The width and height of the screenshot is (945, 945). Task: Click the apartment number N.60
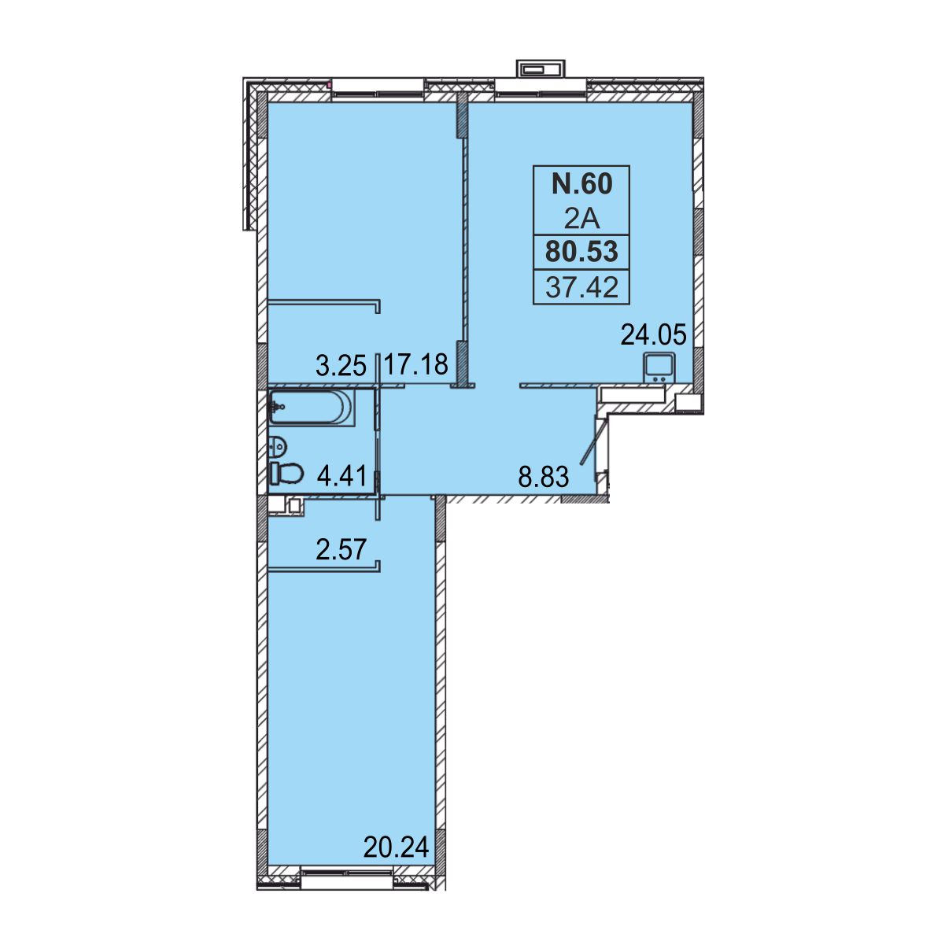[582, 184]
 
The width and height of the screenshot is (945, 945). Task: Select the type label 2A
[582, 220]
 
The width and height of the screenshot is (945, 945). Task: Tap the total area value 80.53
[581, 252]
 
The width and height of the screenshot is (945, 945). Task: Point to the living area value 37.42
[581, 287]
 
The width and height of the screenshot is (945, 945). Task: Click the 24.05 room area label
[653, 335]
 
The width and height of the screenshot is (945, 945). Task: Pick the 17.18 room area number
[416, 365]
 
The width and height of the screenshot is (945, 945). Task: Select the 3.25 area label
[341, 366]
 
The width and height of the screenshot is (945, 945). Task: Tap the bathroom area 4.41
[341, 475]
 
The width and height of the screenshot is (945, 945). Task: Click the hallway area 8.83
[544, 476]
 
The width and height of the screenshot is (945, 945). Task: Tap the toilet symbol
[286, 473]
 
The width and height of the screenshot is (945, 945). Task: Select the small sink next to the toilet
[279, 446]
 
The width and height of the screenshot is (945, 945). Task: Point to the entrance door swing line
[592, 439]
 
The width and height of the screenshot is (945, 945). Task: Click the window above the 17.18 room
[378, 90]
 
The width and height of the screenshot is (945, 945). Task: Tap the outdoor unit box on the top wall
[541, 69]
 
